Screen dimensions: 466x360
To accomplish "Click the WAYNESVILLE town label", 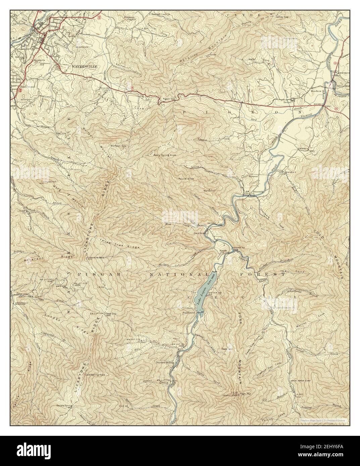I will click(84, 67).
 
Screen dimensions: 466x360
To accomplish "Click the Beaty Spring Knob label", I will click(165, 156).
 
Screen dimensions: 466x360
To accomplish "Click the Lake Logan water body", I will click(205, 289).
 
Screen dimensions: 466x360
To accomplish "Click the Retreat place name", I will click(249, 175).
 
